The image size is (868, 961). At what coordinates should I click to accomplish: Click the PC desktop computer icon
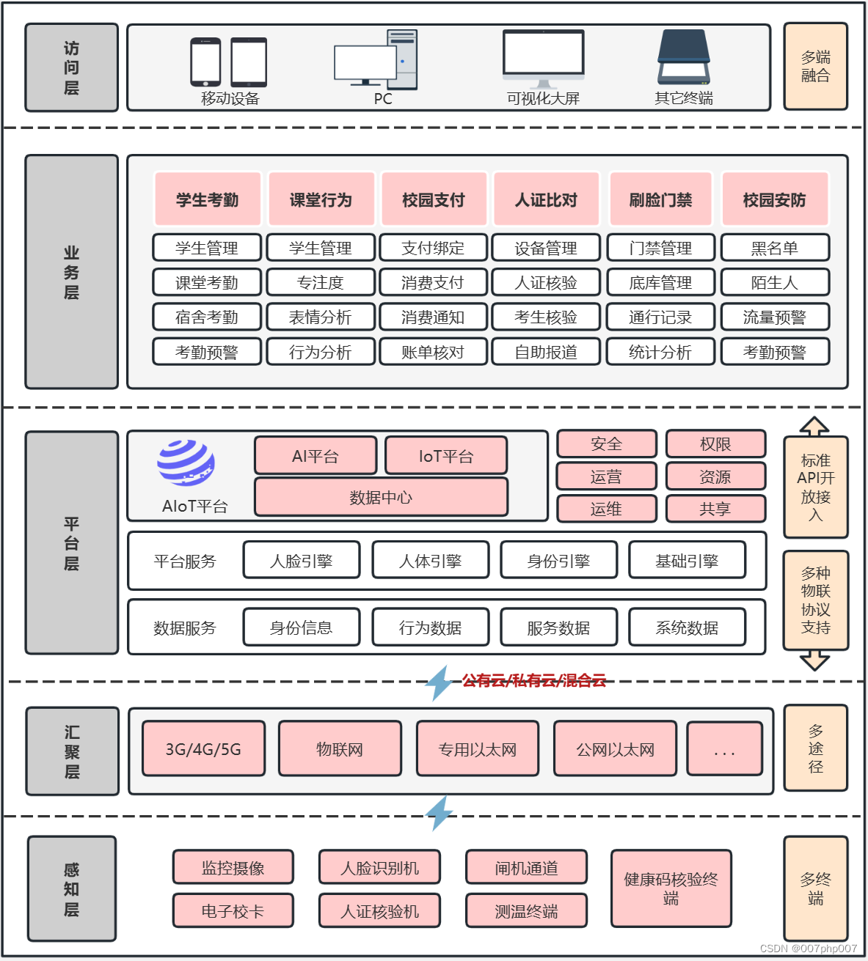coord(376,61)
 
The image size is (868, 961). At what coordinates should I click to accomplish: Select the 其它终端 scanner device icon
coord(684,58)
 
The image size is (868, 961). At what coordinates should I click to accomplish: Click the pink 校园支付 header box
coord(434,199)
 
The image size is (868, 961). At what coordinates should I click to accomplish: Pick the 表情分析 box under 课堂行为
coord(321,317)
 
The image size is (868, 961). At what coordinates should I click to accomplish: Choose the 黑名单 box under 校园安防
coord(775,248)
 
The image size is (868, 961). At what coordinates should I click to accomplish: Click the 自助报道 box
coord(546,352)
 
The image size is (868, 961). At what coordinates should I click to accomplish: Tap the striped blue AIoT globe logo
coord(186,463)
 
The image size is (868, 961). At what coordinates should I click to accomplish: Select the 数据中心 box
coord(381,498)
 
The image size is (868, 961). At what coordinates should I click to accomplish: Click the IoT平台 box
coord(446,456)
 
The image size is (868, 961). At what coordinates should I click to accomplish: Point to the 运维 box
coord(606,509)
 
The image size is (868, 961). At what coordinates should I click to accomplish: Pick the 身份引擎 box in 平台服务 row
coord(558,561)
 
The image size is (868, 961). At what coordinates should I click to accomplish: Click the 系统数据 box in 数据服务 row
coord(687,627)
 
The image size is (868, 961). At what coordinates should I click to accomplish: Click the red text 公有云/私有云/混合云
coord(533,680)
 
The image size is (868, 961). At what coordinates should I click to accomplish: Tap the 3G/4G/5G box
coord(203,749)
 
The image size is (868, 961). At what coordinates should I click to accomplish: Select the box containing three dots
coord(724,749)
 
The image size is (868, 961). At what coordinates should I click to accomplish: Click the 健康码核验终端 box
coord(671,888)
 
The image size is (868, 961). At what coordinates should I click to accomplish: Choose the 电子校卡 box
coord(233,911)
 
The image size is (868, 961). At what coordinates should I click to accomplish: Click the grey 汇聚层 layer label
coord(72,751)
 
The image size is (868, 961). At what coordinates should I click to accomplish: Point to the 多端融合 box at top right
coord(815,67)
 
